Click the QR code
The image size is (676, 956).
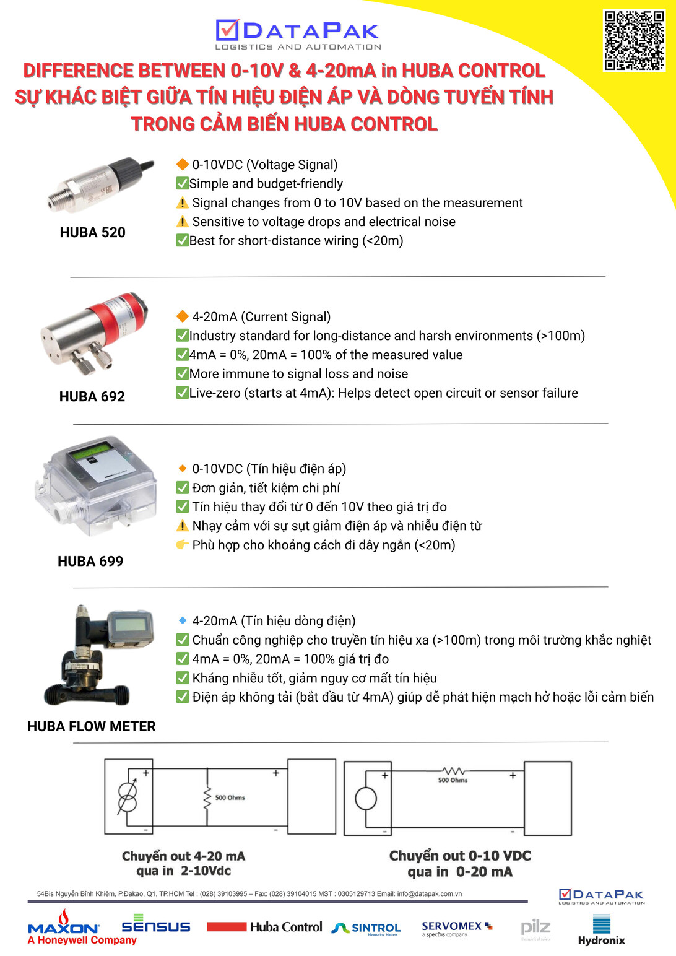click(634, 40)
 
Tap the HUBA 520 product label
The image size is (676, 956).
click(92, 233)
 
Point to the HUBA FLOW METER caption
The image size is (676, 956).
click(92, 726)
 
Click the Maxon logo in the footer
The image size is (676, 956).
click(64, 927)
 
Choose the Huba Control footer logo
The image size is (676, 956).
click(265, 927)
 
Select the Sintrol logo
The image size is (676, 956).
click(366, 928)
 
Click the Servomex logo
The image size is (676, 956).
click(456, 928)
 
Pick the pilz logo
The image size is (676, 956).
click(535, 928)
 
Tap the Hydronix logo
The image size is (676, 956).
click(601, 931)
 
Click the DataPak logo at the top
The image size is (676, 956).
click(298, 35)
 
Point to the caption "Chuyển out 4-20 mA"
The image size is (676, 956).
click(183, 856)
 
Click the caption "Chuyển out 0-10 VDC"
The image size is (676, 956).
click(460, 856)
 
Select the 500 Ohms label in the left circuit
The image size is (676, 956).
click(230, 797)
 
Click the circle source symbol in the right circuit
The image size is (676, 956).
click(366, 798)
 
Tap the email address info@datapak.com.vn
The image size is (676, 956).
click(429, 894)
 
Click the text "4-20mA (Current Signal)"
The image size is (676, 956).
click(261, 317)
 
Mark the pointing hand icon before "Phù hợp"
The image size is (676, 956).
click(182, 545)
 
